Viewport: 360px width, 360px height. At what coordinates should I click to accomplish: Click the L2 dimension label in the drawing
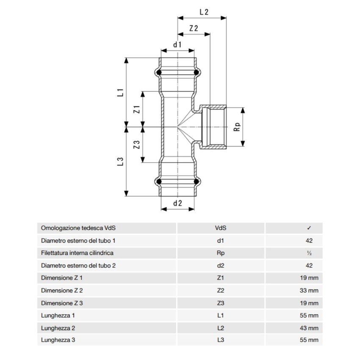(x=203, y=12)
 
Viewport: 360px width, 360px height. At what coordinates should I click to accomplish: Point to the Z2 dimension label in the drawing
(x=194, y=28)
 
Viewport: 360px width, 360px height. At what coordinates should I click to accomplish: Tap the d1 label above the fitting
(x=177, y=44)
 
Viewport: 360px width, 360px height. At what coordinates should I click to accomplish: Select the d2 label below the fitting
(x=177, y=203)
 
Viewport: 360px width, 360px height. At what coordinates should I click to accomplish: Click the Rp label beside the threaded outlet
(x=238, y=127)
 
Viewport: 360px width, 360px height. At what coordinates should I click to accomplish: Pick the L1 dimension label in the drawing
(x=120, y=92)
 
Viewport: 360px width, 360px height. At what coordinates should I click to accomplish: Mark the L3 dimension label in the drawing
(x=120, y=162)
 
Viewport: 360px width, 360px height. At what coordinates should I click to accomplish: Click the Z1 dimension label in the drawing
(x=136, y=109)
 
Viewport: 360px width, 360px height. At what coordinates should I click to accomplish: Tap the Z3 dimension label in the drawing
(x=136, y=144)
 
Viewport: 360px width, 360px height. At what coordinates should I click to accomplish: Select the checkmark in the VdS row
(x=309, y=228)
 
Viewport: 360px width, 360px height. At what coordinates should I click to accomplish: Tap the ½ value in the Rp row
(x=309, y=253)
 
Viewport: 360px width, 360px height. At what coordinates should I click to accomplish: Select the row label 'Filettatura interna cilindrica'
(x=77, y=253)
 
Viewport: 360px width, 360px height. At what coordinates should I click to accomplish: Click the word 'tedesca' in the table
(x=84, y=228)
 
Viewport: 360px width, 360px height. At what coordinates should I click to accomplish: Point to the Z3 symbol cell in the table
(x=220, y=303)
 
